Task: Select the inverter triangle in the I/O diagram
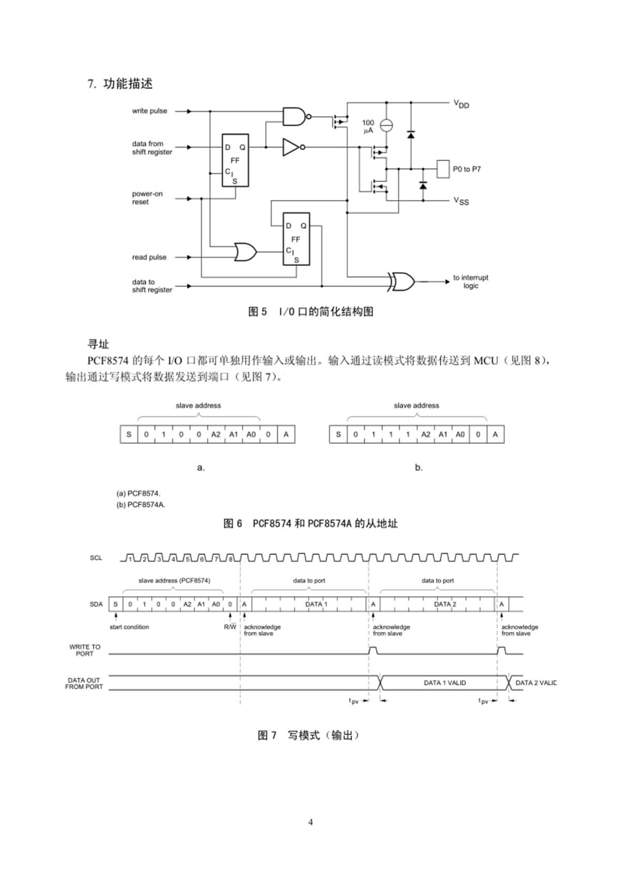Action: (x=290, y=147)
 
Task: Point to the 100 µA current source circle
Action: (x=387, y=125)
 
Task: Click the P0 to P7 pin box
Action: (x=443, y=169)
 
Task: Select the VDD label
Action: (x=461, y=104)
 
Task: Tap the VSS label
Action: (x=461, y=201)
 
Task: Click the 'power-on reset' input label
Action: (x=147, y=198)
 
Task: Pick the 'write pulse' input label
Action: (x=149, y=110)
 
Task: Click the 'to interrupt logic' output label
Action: (x=470, y=281)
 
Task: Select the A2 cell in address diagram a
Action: (x=216, y=434)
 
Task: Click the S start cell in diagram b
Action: (x=338, y=434)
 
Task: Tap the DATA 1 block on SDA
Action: (x=316, y=604)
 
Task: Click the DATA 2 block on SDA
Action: (x=444, y=604)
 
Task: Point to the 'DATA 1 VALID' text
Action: (x=444, y=683)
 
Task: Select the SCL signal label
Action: (x=96, y=557)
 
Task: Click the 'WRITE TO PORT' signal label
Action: (x=85, y=650)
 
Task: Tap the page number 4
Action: (x=310, y=822)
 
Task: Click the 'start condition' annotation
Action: (x=129, y=627)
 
